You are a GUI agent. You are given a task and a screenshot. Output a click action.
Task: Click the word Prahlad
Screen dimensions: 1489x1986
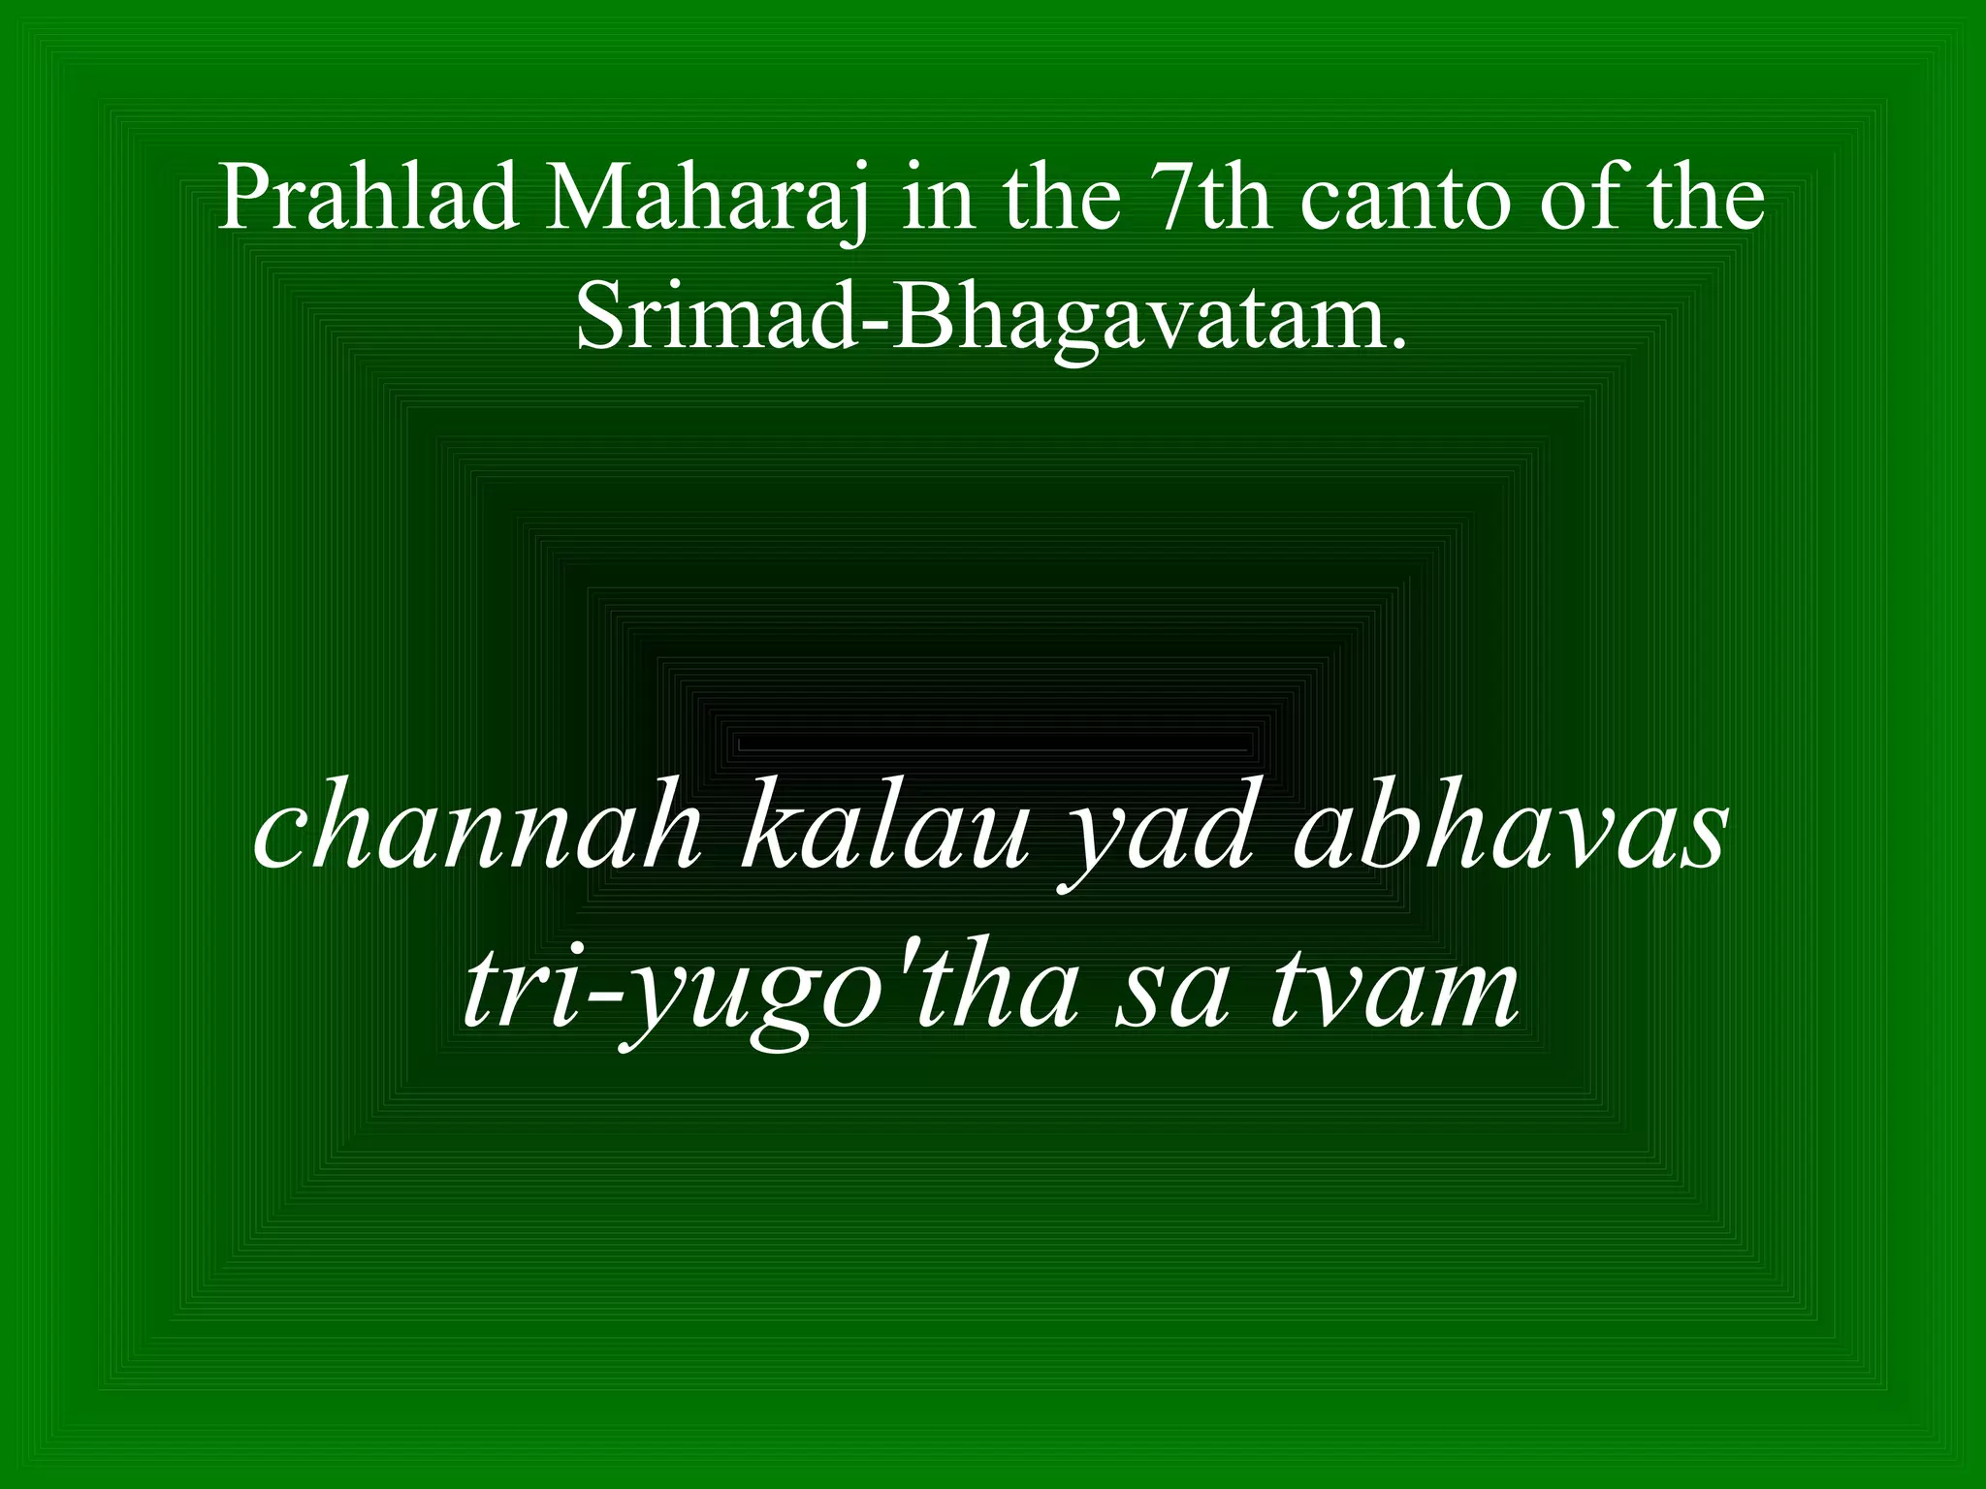pos(368,199)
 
